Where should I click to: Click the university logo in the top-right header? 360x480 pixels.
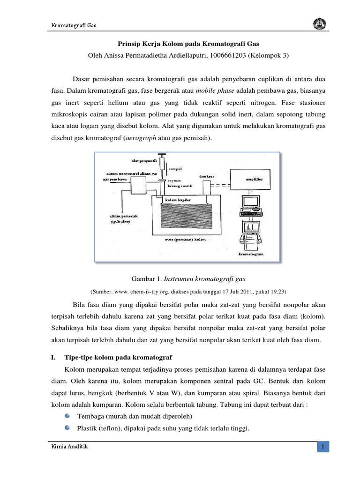[316, 25]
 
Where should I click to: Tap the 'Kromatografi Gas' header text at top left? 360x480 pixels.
[74, 25]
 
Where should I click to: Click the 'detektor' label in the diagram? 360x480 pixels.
[206, 177]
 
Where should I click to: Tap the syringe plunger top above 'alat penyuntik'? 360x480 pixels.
[161, 155]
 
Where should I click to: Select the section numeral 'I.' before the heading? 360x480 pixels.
[52, 344]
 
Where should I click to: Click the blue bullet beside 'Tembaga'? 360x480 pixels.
[68, 416]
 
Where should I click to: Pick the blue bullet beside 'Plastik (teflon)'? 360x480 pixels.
[68, 427]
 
